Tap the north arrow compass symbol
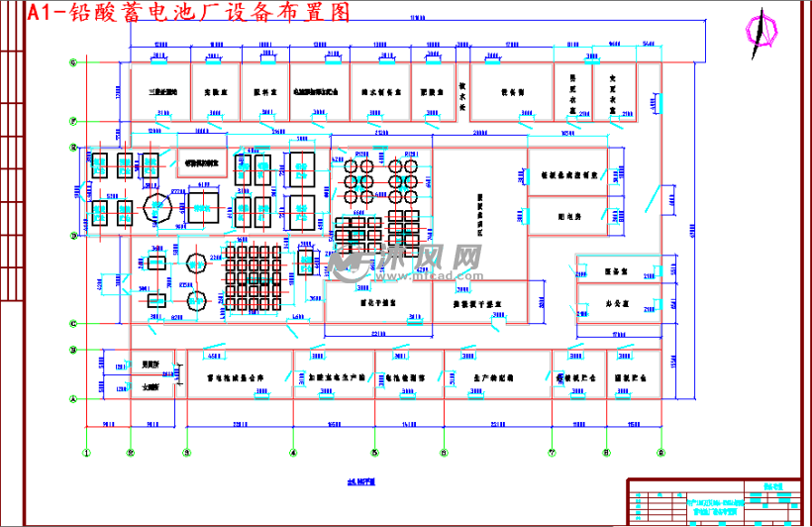(762, 27)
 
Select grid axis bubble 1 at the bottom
(86, 454)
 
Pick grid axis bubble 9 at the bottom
(660, 454)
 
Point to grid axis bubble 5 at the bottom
(374, 454)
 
